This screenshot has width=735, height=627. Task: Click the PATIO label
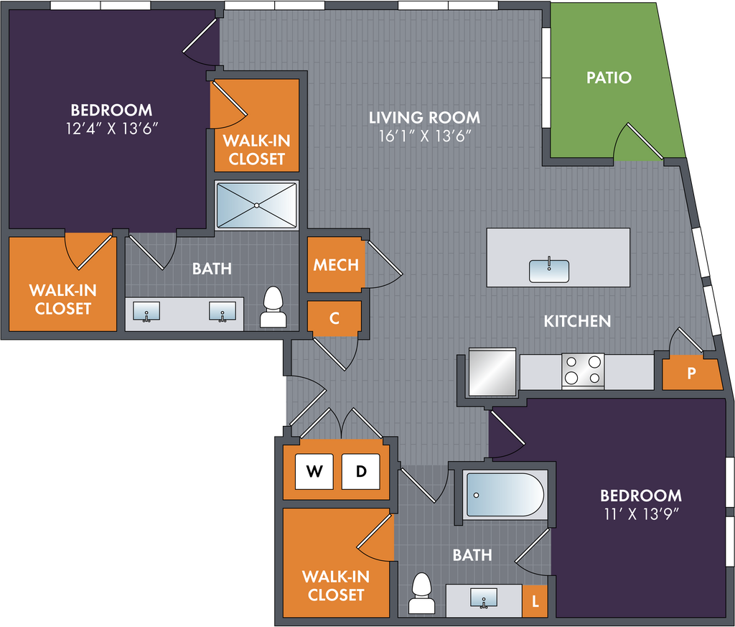point(609,77)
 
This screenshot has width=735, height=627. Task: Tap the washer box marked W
point(314,472)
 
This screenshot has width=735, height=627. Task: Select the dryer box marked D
point(361,472)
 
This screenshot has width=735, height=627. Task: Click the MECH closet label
point(336,264)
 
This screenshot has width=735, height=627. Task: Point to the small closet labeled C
point(334,319)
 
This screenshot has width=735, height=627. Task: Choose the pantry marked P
point(691,373)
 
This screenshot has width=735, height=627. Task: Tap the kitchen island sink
point(549,270)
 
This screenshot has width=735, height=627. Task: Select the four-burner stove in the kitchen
point(583,371)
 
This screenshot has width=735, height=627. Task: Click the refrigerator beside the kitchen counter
point(492,373)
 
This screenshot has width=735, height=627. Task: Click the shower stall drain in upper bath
point(256,205)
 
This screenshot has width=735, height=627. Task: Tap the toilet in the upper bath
point(273,308)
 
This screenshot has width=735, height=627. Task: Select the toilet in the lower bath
point(421,593)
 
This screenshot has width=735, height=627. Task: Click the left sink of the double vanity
point(147,312)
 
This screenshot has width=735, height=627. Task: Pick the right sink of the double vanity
point(223,312)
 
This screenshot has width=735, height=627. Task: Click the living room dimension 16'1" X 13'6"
point(424,136)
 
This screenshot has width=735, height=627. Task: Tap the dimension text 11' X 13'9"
point(640,514)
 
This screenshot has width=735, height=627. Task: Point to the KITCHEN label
point(577,321)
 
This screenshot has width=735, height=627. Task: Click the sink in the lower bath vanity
point(484,597)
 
